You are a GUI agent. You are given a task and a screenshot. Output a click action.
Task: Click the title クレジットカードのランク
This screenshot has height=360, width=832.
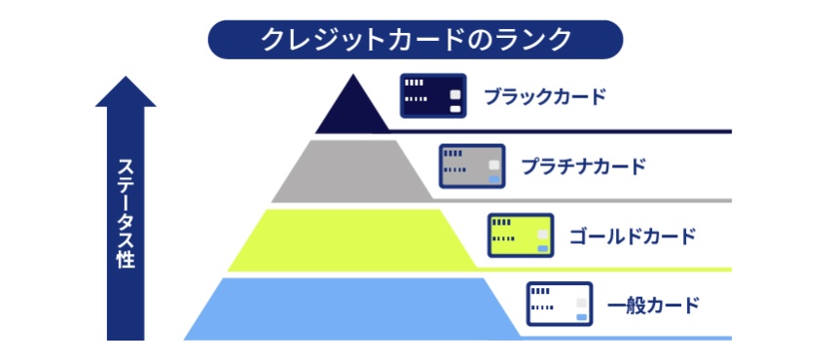pos(415,40)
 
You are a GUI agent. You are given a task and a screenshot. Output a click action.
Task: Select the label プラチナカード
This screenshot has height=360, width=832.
pos(583,165)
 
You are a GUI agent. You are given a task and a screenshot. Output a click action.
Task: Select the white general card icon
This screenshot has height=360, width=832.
pos(560,305)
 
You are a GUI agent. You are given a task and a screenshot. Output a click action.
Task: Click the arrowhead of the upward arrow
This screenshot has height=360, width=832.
pos(125,91)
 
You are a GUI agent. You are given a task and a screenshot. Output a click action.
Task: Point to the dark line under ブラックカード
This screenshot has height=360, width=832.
pos(584,130)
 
